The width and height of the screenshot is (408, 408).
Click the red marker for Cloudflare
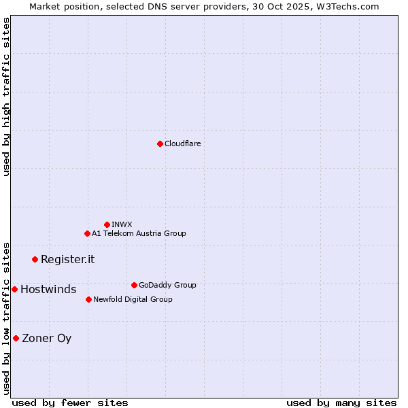160,143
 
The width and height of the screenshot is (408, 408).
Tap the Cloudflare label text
182,143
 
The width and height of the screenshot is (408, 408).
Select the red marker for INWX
107,224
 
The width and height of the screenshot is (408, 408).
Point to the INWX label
122,224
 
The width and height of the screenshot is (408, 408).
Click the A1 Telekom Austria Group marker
87,233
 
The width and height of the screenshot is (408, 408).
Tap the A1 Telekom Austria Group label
139,233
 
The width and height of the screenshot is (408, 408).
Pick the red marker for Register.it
35,259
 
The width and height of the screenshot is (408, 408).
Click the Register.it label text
67,259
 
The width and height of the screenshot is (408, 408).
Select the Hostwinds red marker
14,289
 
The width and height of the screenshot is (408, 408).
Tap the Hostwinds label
48,289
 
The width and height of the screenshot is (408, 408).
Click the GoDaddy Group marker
134,285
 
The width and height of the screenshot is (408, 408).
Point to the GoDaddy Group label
167,285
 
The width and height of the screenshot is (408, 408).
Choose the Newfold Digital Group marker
88,299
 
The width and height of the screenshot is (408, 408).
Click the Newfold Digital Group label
133,299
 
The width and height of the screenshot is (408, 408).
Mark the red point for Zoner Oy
16,338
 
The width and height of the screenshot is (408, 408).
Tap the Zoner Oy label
46,338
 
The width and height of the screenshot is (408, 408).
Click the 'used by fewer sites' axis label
70,403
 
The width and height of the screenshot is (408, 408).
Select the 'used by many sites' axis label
341,403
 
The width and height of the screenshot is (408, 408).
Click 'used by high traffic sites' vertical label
6,97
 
